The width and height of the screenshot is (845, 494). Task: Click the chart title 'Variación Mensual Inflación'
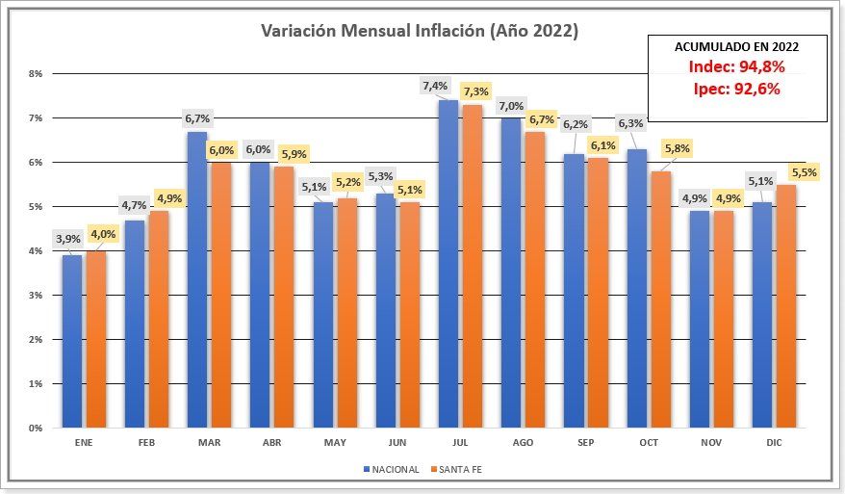tap(420, 31)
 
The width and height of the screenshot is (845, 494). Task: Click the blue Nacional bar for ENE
tap(72, 341)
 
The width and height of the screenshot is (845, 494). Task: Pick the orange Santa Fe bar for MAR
tap(220, 294)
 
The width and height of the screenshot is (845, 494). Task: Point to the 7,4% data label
tap(435, 87)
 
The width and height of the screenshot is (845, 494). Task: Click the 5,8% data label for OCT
tap(676, 149)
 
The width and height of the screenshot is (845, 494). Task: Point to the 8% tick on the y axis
tap(37, 73)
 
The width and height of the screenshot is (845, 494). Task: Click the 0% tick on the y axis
tap(37, 428)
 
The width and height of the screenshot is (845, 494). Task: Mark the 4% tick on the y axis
tap(37, 250)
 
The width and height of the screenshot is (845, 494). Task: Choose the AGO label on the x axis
tap(523, 442)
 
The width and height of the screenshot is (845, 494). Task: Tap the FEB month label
tap(146, 442)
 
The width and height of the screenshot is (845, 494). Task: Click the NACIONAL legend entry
tap(392, 470)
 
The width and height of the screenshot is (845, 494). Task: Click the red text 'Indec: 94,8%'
tap(737, 67)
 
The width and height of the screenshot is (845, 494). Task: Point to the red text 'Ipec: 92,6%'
tap(737, 89)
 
